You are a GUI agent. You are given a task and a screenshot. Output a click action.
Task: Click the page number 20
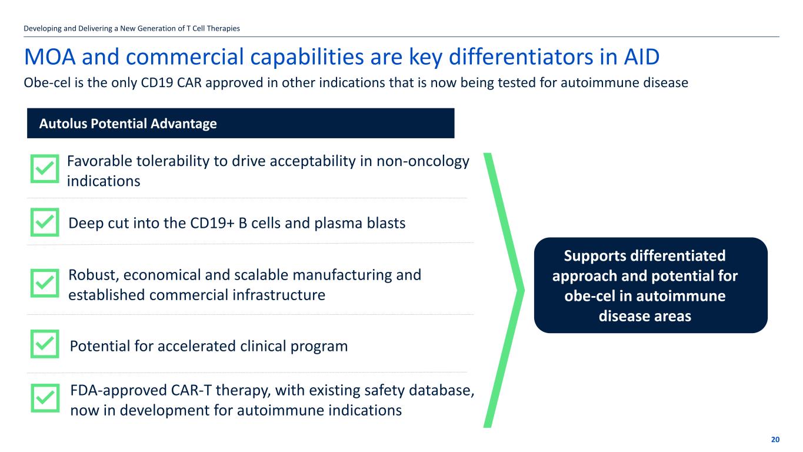[x=775, y=440]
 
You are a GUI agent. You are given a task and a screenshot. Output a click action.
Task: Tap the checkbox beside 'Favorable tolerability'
[x=45, y=168]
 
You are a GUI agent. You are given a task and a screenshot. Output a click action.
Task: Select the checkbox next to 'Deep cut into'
[x=45, y=222]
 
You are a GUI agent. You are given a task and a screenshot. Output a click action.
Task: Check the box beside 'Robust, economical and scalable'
[x=45, y=283]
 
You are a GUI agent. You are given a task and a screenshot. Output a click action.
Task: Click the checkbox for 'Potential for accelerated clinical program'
[x=45, y=344]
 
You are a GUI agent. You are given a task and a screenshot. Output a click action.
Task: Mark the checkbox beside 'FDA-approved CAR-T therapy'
[x=45, y=398]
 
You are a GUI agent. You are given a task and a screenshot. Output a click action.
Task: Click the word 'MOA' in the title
[x=50, y=56]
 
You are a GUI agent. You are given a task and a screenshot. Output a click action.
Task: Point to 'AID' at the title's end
[x=641, y=56]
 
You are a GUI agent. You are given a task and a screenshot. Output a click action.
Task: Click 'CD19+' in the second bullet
[x=212, y=223]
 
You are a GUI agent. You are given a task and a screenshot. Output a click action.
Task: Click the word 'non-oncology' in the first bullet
[x=422, y=161]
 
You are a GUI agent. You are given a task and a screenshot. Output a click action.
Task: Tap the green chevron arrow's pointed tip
[x=524, y=290]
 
